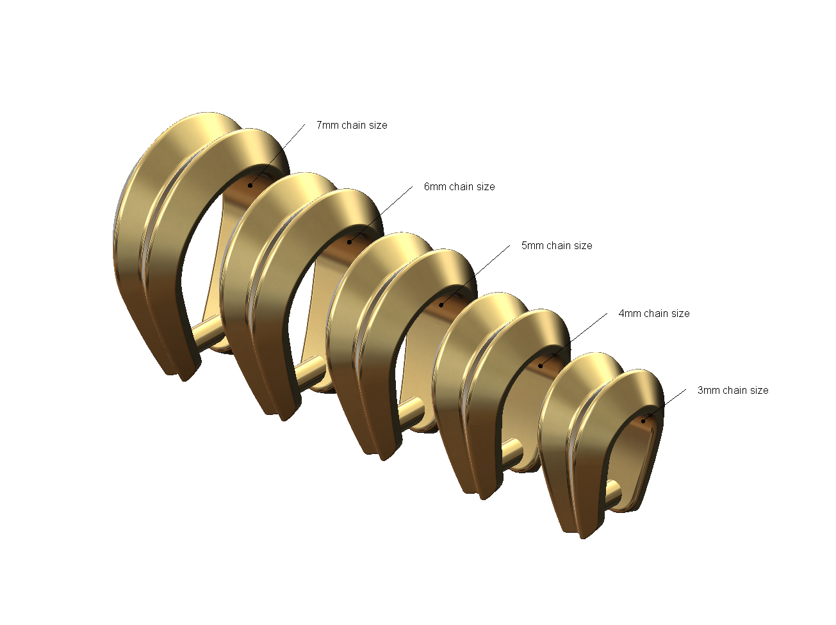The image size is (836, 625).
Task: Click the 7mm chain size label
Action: (352, 126)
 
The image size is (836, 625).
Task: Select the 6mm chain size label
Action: (459, 187)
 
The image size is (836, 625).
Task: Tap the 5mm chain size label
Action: (557, 246)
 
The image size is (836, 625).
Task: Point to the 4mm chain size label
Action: (654, 314)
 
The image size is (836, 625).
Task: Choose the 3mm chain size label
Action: (733, 391)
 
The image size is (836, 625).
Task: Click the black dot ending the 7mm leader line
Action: (250, 186)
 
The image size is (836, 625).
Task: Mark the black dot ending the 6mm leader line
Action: (349, 242)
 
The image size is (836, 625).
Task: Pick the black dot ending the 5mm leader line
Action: (441, 304)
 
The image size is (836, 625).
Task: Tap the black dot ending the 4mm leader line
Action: (540, 366)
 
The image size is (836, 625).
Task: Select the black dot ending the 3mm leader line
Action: (643, 421)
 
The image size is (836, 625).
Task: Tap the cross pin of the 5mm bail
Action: (410, 408)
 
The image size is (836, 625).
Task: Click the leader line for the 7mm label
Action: (279, 154)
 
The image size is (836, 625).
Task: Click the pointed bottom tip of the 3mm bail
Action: (582, 535)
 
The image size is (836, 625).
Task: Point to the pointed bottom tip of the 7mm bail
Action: (184, 378)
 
